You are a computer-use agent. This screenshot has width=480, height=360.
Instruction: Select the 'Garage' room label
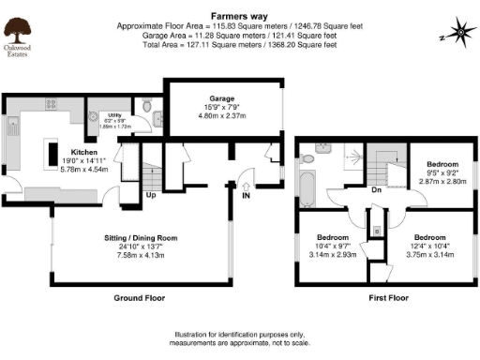[x=222, y=97]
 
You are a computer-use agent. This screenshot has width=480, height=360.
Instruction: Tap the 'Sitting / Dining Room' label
[x=139, y=240]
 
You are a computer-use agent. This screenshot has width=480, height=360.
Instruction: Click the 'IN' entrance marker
[x=247, y=197]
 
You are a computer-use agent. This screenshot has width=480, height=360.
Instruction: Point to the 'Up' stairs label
[x=151, y=196]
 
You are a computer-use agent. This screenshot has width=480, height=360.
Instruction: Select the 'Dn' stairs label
[x=375, y=187]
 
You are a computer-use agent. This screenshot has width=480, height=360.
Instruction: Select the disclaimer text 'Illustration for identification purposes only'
[x=239, y=335]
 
